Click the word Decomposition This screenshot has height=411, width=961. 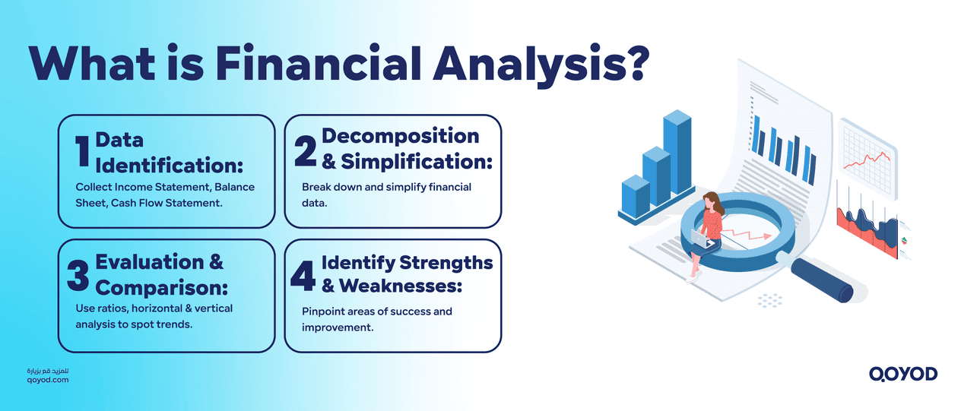pos(400,136)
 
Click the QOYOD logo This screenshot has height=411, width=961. pos(902,374)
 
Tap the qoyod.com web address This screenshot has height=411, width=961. pos(47,379)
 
